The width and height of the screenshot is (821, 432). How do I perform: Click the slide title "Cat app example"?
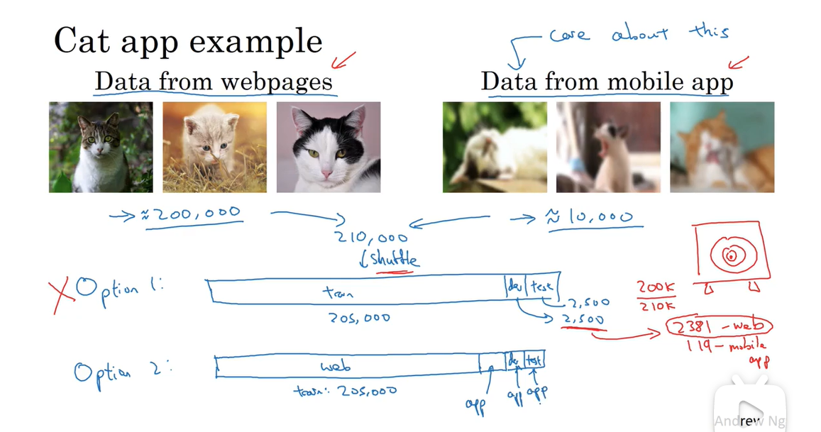point(188,41)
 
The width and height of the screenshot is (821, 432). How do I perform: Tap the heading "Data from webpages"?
point(214,82)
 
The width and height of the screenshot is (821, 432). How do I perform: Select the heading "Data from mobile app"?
point(607,82)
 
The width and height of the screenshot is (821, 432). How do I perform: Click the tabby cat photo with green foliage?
point(101,148)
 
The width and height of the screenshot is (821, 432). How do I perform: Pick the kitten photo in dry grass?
point(214,148)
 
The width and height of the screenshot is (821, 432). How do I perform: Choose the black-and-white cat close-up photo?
point(328,148)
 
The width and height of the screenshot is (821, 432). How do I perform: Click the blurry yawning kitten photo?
point(608,148)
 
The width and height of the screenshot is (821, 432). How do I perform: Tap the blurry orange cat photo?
point(722,148)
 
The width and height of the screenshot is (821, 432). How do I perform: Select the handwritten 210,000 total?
point(373,238)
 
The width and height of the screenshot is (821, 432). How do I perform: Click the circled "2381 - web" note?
point(719,327)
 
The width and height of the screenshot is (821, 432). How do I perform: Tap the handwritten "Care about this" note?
point(639,34)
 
